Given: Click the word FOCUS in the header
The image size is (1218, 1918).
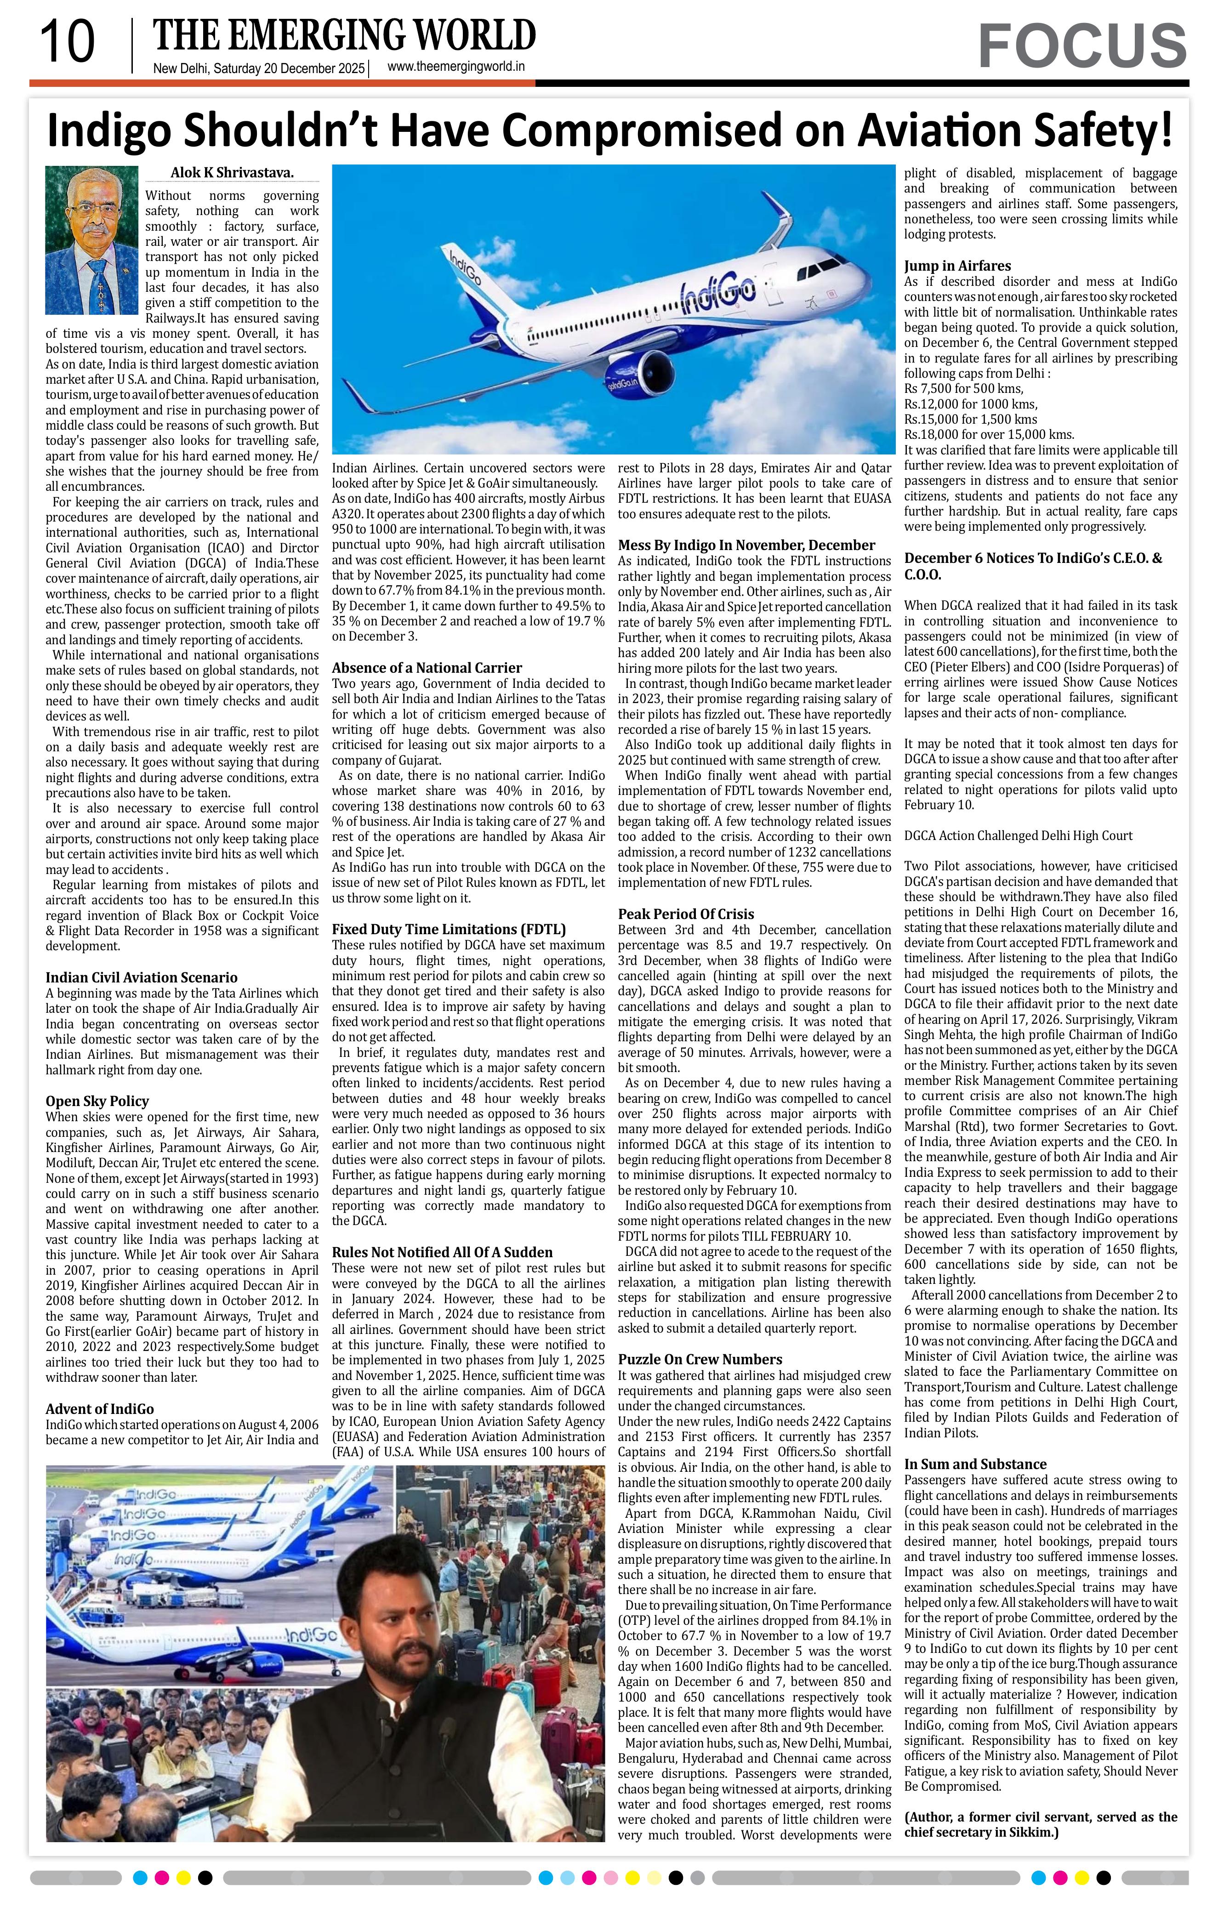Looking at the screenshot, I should tap(1082, 46).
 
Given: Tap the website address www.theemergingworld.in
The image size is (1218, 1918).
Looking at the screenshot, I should tap(455, 68).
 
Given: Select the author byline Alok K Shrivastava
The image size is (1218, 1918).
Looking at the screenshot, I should tap(232, 173).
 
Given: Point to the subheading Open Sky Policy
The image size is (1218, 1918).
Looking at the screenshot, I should tap(97, 1101).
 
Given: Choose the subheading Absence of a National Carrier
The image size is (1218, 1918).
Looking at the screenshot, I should tap(427, 668).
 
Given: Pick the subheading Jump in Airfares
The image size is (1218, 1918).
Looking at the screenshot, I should tap(957, 266).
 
